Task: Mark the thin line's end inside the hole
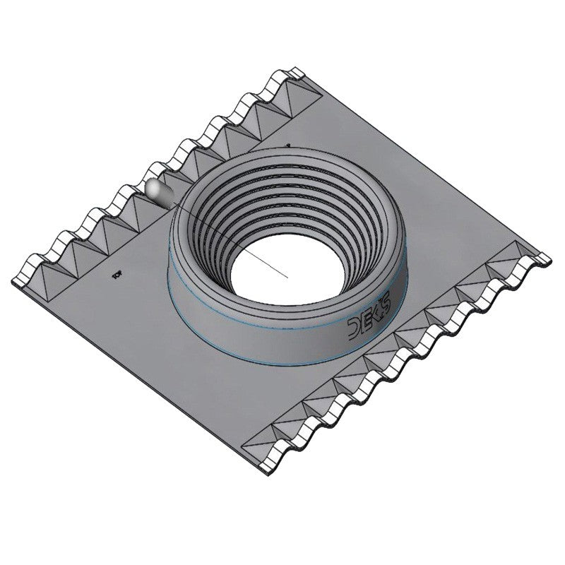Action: [x=288, y=277]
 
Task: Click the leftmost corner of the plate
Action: [x=13, y=281]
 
